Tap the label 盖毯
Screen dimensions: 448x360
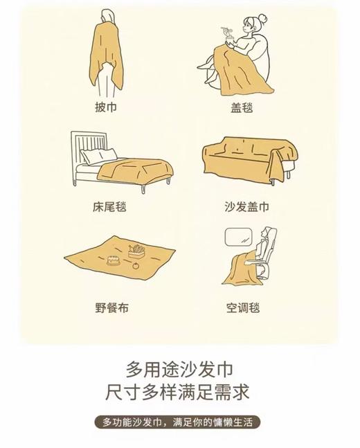pos(245,108)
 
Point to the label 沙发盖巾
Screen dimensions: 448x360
pos(245,206)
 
